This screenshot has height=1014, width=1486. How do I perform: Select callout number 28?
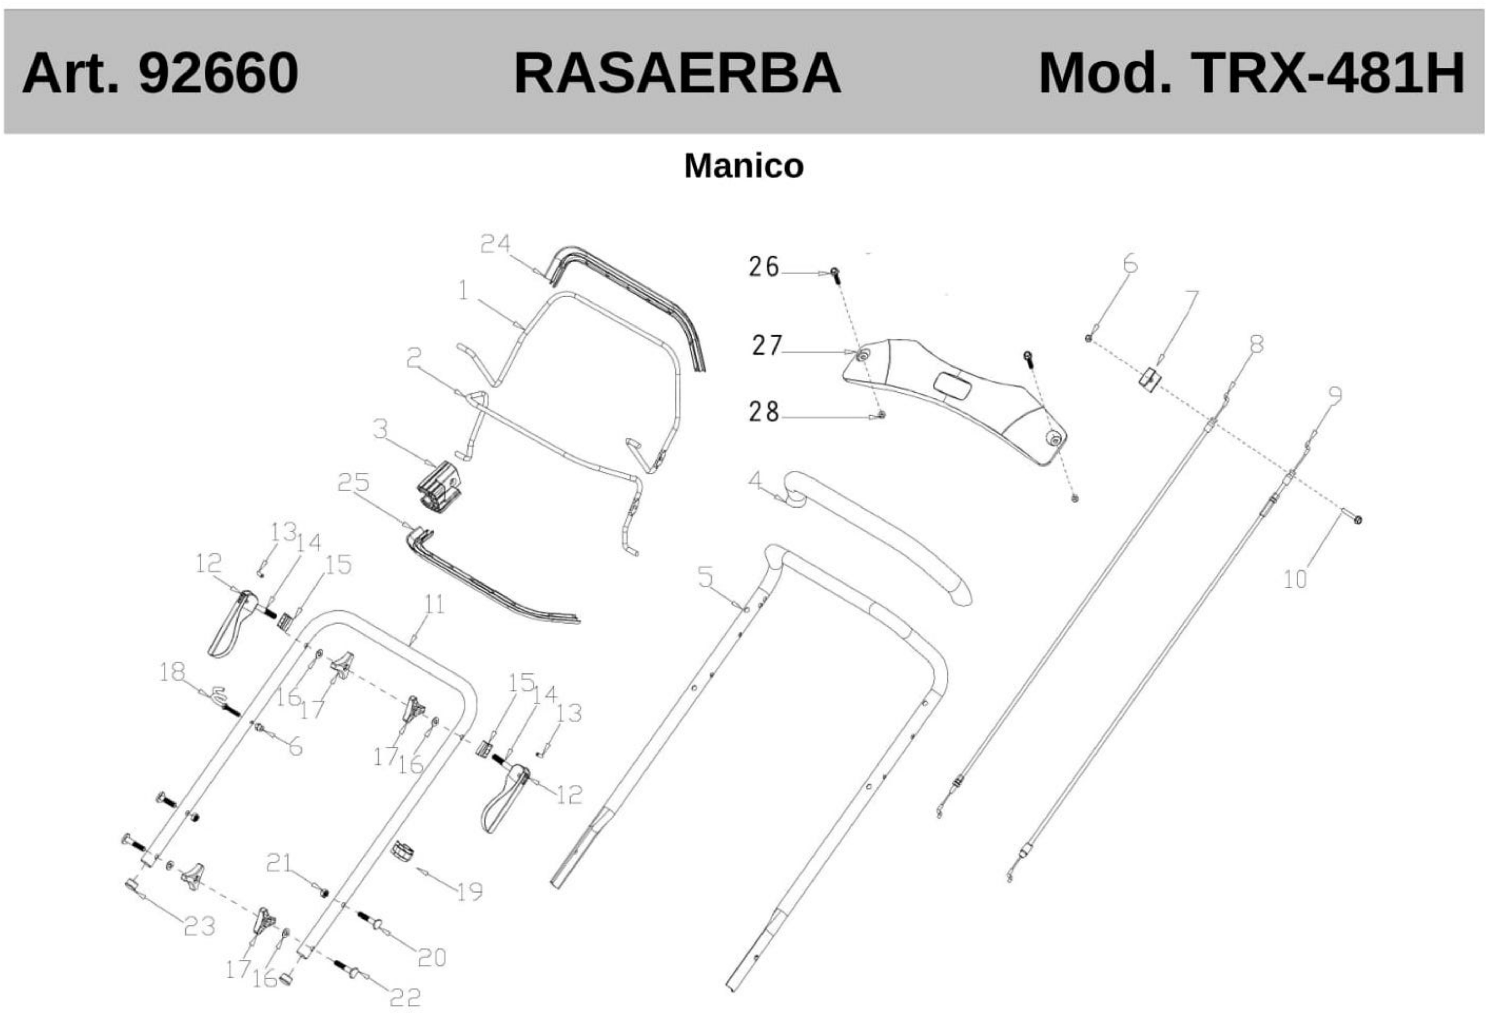764,412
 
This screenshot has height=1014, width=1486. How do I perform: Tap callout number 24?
496,244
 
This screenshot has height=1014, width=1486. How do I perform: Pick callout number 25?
354,483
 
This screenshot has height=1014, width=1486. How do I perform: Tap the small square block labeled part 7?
1149,378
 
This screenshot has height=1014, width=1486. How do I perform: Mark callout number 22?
406,997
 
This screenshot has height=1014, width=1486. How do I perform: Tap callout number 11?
435,604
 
